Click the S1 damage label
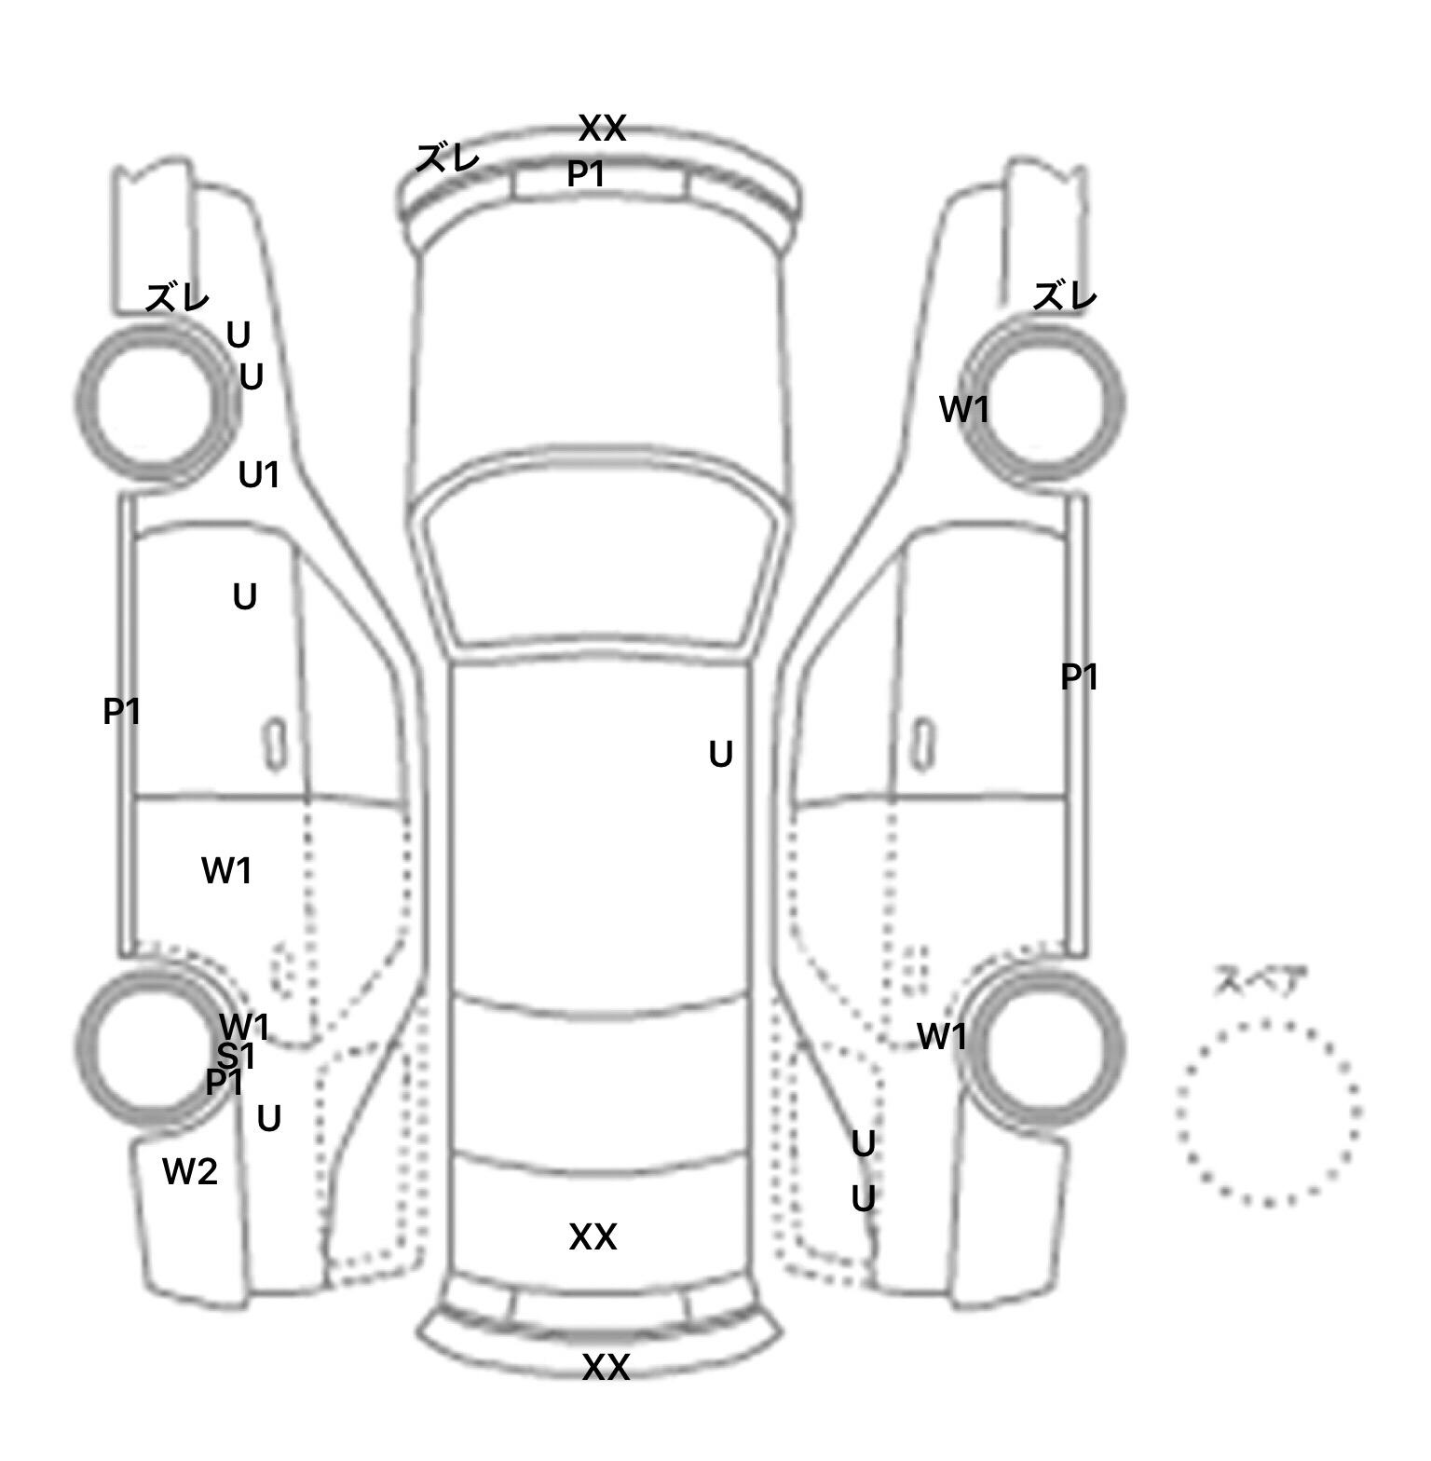pyautogui.click(x=236, y=1056)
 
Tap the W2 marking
pyautogui.click(x=190, y=1171)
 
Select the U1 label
pyautogui.click(x=259, y=475)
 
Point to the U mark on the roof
pyautogui.click(x=720, y=754)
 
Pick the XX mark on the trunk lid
pyautogui.click(x=593, y=1236)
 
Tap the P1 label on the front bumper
pyautogui.click(x=586, y=173)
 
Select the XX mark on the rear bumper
pyautogui.click(x=606, y=1367)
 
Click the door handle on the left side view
pyautogui.click(x=275, y=744)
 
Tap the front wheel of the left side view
pyautogui.click(x=157, y=403)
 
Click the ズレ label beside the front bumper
pyautogui.click(x=447, y=157)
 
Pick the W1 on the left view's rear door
pyautogui.click(x=226, y=870)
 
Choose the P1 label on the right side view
pyautogui.click(x=1079, y=676)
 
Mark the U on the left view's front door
pyautogui.click(x=244, y=596)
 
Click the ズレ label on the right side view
pyautogui.click(x=1065, y=296)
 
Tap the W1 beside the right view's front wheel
pyautogui.click(x=963, y=408)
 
